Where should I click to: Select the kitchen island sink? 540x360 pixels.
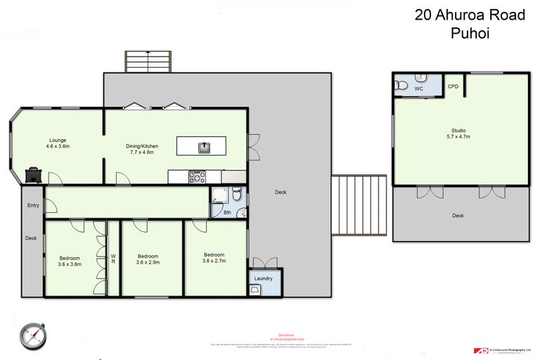point(202,147)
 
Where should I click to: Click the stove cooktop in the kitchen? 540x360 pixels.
point(196,177)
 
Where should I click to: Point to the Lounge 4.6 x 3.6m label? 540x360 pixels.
point(58,143)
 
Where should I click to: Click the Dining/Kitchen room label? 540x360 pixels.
point(143,148)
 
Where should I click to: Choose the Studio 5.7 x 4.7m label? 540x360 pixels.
point(458,134)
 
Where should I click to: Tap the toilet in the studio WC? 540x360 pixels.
point(401,86)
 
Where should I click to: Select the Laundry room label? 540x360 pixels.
point(264,278)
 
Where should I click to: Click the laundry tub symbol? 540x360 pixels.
point(255,289)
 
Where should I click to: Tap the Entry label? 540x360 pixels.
point(33,205)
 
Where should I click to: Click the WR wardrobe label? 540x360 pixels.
point(113,257)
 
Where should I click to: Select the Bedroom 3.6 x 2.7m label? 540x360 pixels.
point(214,257)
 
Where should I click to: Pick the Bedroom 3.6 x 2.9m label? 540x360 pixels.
point(148,259)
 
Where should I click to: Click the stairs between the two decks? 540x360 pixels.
point(359,206)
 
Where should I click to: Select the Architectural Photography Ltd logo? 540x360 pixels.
point(503,349)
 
